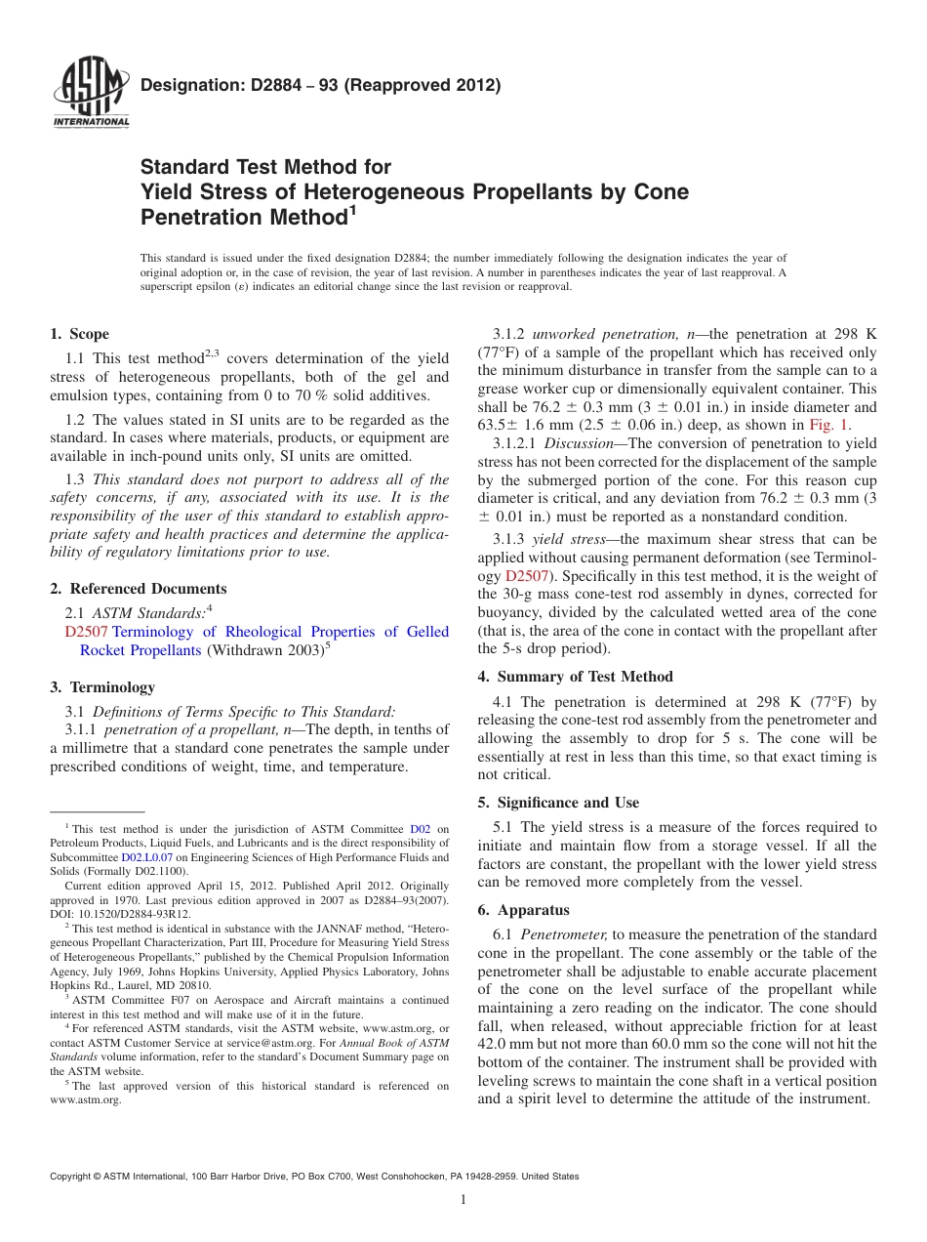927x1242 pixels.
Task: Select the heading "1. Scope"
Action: [80, 334]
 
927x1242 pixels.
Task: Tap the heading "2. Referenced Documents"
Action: [139, 589]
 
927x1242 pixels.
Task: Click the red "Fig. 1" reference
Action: [830, 425]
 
